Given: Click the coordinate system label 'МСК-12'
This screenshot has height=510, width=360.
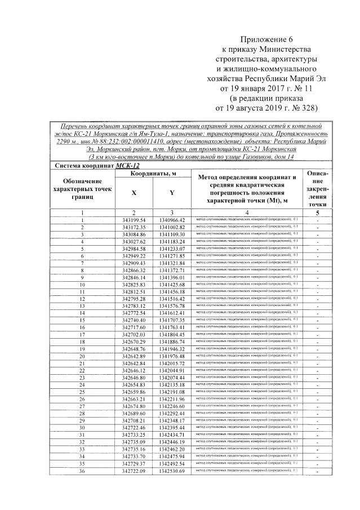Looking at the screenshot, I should [127, 166].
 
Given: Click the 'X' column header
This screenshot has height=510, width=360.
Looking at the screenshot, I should [134, 193].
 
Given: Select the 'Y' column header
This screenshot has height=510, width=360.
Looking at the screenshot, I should [171, 193].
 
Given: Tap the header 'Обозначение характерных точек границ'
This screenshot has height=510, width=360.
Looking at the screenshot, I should [82, 190].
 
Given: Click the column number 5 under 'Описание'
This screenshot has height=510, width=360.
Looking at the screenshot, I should [316, 212].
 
